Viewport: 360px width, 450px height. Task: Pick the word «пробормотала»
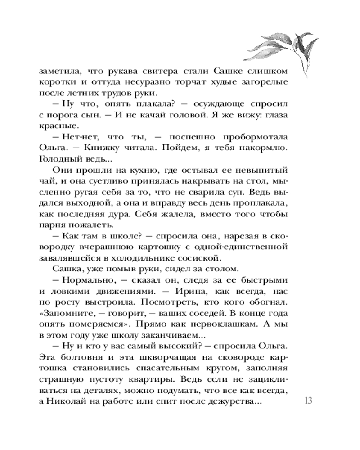[254, 137]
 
